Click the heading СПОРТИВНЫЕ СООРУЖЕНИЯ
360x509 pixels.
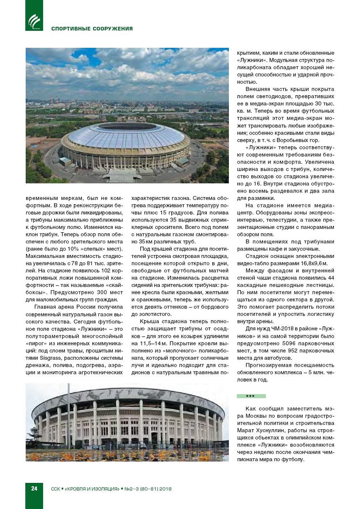click(x=92, y=29)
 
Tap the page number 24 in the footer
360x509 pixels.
click(x=34, y=488)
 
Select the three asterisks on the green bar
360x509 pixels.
click(x=251, y=396)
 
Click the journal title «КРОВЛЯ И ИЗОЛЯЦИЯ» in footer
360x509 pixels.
click(x=92, y=489)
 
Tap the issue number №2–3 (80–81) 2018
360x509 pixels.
click(x=148, y=489)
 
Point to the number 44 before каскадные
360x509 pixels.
click(x=331, y=278)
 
